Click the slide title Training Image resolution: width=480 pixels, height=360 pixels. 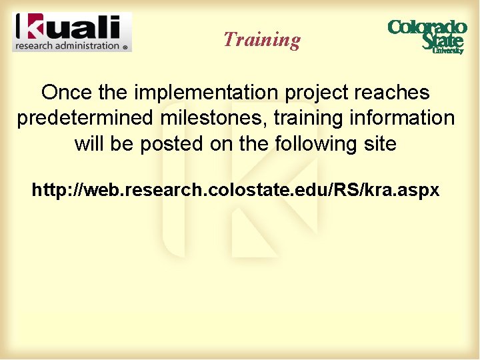(x=262, y=39)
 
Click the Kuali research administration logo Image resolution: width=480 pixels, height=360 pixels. (x=72, y=32)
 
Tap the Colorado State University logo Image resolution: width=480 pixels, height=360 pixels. (x=427, y=36)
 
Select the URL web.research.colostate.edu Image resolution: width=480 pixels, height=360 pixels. (x=235, y=191)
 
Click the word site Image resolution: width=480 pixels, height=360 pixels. (x=381, y=143)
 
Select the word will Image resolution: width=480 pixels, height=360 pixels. (x=89, y=143)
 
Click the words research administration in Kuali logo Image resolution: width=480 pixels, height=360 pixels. (x=67, y=46)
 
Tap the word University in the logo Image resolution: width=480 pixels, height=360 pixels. (x=447, y=51)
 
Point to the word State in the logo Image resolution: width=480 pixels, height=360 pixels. (x=442, y=41)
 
